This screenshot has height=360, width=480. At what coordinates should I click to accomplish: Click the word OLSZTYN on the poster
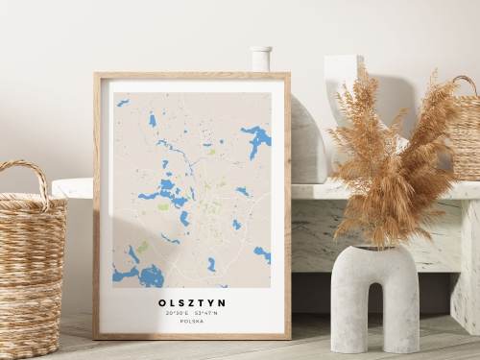click(192, 302)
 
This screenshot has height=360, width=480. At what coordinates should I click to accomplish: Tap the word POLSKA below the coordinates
click(192, 322)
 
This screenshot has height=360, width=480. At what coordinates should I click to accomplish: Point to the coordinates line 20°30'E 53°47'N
click(192, 313)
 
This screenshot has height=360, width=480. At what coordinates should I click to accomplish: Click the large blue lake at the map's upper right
click(256, 139)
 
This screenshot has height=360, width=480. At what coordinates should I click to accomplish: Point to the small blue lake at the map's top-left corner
click(123, 102)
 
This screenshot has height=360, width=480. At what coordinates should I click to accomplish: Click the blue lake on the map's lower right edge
click(261, 253)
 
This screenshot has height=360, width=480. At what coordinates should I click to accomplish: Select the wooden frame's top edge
click(192, 75)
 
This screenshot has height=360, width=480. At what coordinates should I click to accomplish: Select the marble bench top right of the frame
click(384, 190)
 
